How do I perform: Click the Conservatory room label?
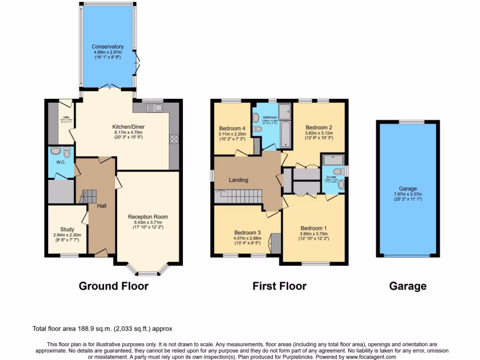point(107,46)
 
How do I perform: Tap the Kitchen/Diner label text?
point(127,127)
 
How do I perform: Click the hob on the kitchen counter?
point(174,138)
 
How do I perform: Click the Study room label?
point(67,229)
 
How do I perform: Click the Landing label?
point(238,180)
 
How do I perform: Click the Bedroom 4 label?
point(232,128)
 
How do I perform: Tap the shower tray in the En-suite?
point(333,159)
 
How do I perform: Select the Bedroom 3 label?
point(247,232)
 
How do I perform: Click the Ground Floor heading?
point(113,286)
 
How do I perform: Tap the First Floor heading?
point(279,286)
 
